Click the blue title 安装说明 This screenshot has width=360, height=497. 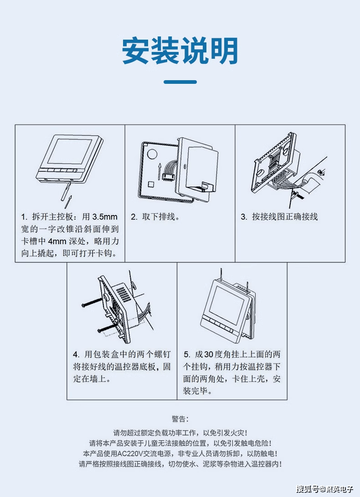(180, 51)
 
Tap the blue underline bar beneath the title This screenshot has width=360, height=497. (180, 82)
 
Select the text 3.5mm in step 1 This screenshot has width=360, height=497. (105, 217)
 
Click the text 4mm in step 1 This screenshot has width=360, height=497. (57, 241)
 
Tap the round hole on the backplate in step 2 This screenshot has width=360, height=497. (152, 154)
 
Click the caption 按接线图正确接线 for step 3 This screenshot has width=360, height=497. (285, 217)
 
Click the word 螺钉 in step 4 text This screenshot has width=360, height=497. (163, 354)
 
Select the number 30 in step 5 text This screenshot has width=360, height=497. (209, 354)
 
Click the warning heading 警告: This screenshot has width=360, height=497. (180, 419)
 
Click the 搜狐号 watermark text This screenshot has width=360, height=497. (308, 489)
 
